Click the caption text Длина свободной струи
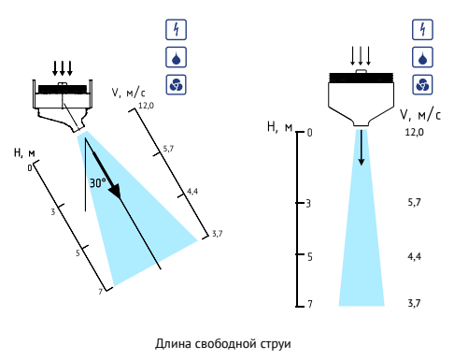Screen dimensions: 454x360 click(x=223, y=344)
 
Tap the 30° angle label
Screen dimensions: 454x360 click(x=98, y=182)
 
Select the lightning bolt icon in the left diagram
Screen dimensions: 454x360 click(x=176, y=30)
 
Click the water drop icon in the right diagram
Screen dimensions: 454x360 click(x=422, y=57)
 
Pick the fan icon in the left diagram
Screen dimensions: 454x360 click(x=176, y=84)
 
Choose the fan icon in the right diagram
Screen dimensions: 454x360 click(x=422, y=84)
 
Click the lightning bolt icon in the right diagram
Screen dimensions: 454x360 click(x=422, y=30)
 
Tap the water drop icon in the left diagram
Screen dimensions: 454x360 click(x=176, y=57)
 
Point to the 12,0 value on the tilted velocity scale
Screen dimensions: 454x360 click(x=146, y=106)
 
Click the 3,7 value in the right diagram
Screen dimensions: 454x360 click(x=415, y=303)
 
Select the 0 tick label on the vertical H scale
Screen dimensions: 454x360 click(x=309, y=133)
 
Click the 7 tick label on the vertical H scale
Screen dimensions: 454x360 click(x=310, y=304)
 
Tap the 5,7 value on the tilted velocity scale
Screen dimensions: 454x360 click(x=168, y=149)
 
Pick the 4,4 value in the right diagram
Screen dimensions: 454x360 click(x=415, y=256)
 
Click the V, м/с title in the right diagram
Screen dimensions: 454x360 click(x=420, y=115)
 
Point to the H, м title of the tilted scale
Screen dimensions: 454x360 click(x=24, y=153)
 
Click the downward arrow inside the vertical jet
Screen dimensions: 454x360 click(x=362, y=148)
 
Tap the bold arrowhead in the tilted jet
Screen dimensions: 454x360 click(x=114, y=190)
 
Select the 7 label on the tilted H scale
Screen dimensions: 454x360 click(x=100, y=292)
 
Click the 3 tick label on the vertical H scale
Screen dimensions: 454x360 click(x=308, y=204)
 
